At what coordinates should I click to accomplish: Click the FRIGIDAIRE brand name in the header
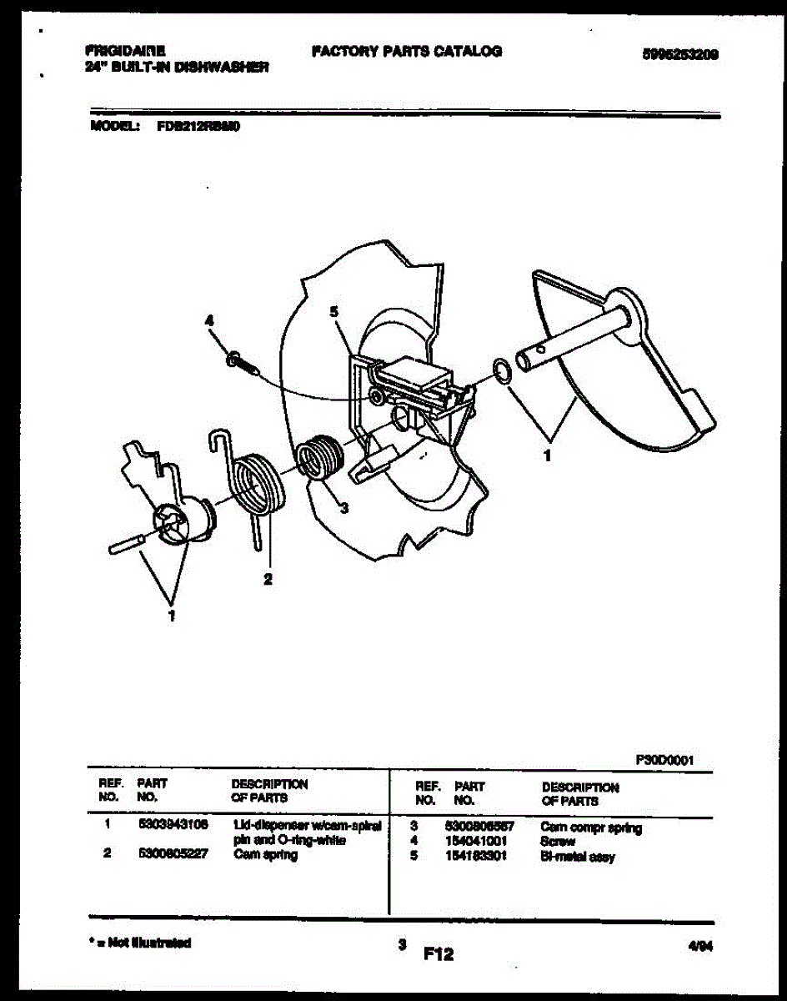[x=125, y=50]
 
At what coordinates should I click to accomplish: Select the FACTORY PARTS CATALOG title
[x=407, y=52]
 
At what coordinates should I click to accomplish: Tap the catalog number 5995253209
[x=680, y=54]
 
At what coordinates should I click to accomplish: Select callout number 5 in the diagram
[x=333, y=312]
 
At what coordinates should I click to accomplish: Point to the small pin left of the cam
[x=127, y=544]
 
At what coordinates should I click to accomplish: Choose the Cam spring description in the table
[x=265, y=855]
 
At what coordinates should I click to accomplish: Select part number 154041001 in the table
[x=476, y=842]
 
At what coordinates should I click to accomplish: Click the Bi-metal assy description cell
[x=578, y=857]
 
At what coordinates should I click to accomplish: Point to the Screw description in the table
[x=558, y=842]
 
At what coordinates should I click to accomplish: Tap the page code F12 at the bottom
[x=439, y=953]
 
